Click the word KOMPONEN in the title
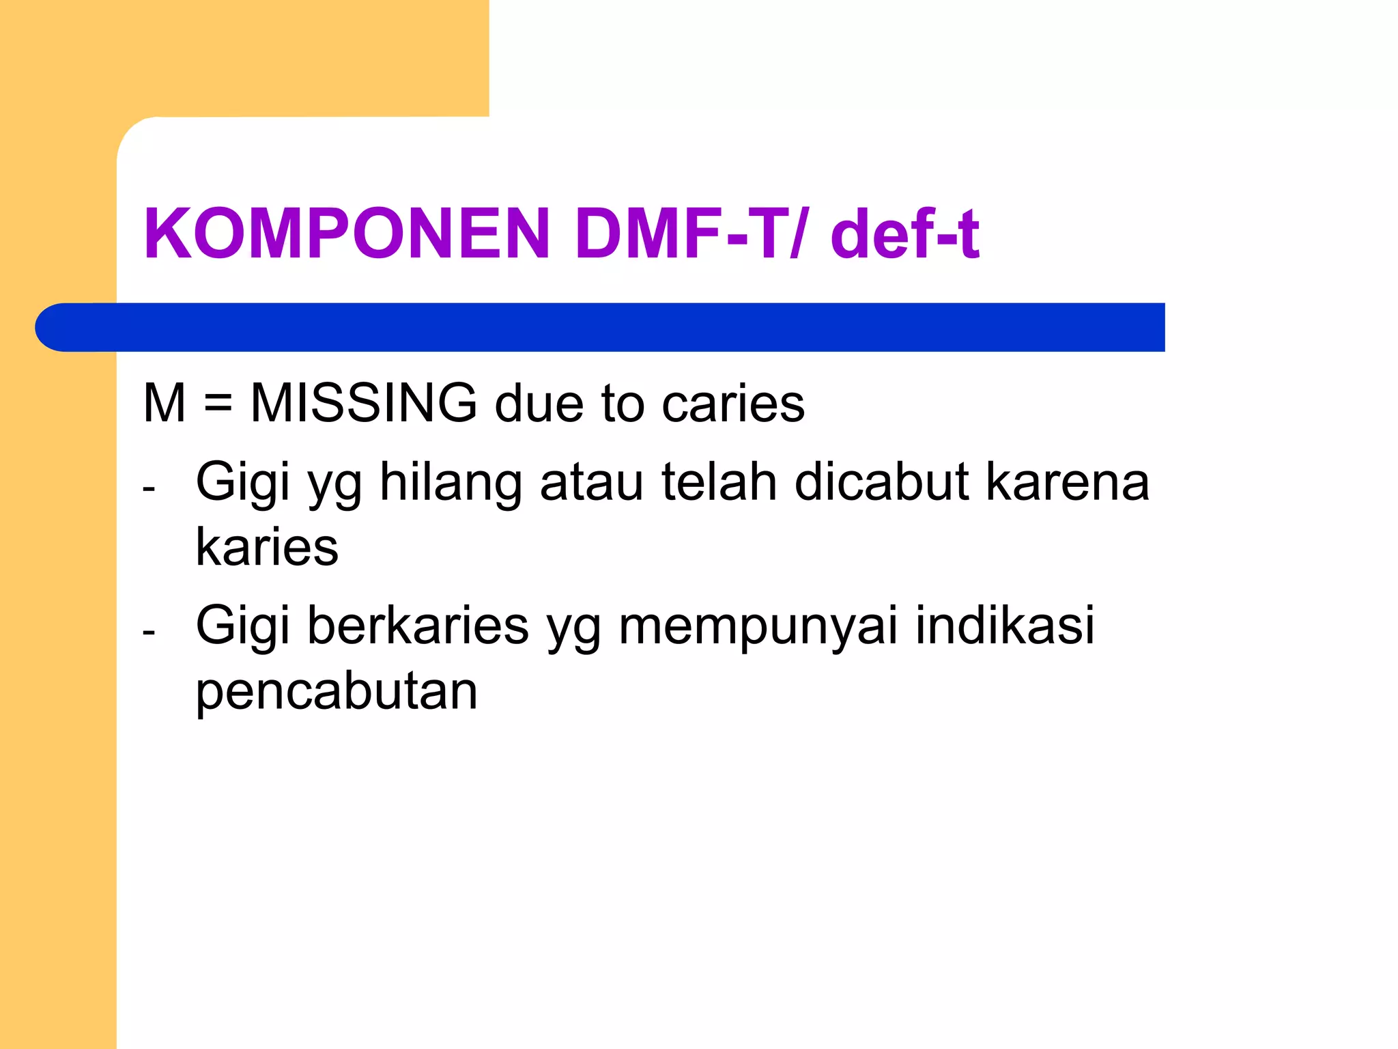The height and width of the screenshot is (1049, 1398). point(347,234)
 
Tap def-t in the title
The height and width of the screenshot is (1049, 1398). point(905,234)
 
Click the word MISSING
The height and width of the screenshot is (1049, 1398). point(364,403)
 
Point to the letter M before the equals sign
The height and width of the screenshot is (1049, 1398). point(165,403)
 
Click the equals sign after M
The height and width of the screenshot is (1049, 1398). point(218,404)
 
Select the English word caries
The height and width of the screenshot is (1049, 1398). point(733,404)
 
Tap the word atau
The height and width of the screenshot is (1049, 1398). point(591,482)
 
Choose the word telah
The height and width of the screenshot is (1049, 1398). point(719,481)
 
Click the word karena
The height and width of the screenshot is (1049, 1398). point(1068,482)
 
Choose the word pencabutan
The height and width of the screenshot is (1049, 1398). point(337,691)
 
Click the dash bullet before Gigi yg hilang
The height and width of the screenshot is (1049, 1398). point(149,489)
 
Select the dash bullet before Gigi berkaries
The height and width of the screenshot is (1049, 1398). point(149,633)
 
